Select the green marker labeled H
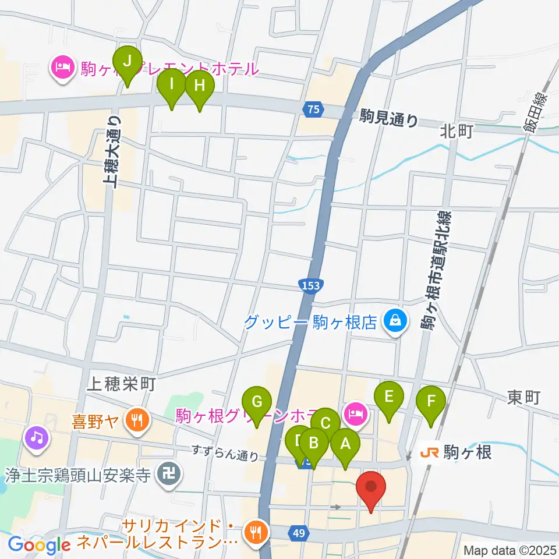pyautogui.click(x=199, y=87)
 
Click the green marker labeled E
pyautogui.click(x=390, y=398)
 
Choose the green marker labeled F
pyautogui.click(x=431, y=402)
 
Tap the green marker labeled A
pyautogui.click(x=345, y=445)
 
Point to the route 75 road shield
pyautogui.click(x=313, y=109)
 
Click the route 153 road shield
pyautogui.click(x=310, y=285)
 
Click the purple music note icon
pyautogui.click(x=36, y=436)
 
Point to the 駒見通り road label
pyautogui.click(x=389, y=120)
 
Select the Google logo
pyautogui.click(x=39, y=544)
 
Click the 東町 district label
pyautogui.click(x=524, y=398)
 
